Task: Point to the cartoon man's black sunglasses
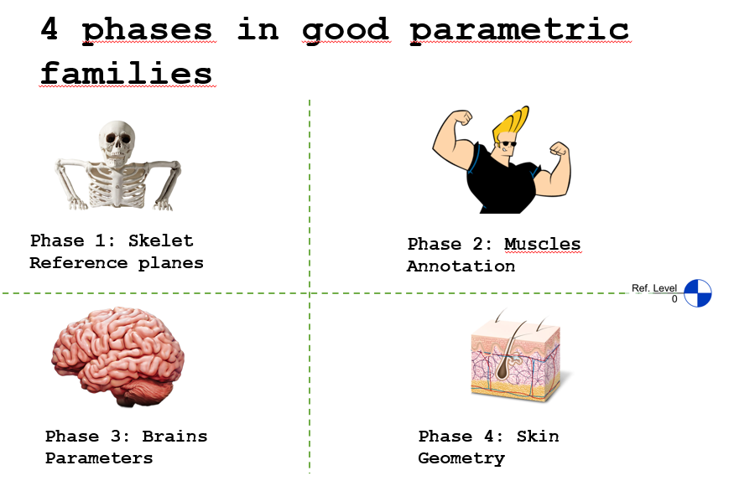pos(508,143)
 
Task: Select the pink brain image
pos(117,356)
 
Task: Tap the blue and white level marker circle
pos(697,293)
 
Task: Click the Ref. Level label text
pos(654,288)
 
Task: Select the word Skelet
pos(160,240)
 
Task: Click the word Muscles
pos(542,244)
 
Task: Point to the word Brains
pos(174,436)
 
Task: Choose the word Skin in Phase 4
pos(538,436)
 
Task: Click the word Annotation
pos(461,266)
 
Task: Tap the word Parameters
pos(99,458)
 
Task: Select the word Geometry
pos(461,458)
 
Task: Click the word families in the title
pos(126,73)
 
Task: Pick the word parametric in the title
pos(519,30)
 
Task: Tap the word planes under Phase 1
pos(170,264)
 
